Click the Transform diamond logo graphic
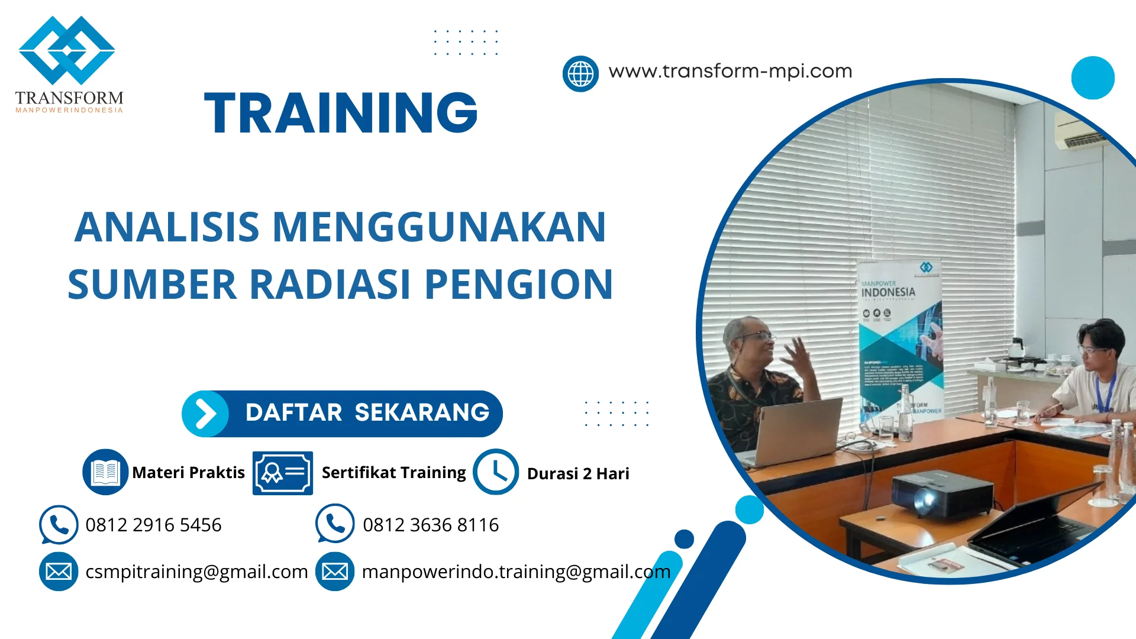(67, 51)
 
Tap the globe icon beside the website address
(580, 74)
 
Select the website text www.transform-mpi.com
(730, 71)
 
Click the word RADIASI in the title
(330, 285)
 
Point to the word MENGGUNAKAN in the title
(438, 227)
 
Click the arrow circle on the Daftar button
(205, 414)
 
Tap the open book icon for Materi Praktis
(105, 472)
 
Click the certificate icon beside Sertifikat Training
(282, 473)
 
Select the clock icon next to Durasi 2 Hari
(496, 472)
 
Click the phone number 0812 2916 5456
(153, 525)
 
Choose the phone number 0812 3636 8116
(431, 525)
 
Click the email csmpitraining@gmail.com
(196, 572)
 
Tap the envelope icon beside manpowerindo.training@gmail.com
(335, 572)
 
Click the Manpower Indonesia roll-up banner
(899, 337)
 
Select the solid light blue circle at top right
(1092, 78)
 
